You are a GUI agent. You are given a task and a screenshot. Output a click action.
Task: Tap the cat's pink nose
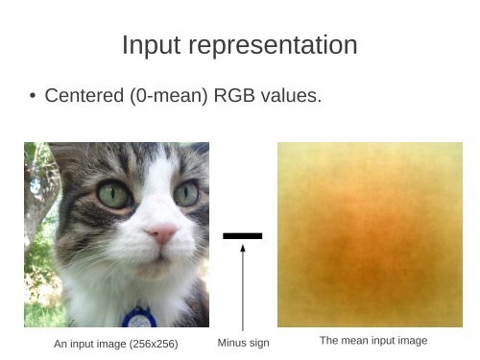tap(160, 233)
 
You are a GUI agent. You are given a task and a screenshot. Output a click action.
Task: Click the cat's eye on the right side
tap(187, 193)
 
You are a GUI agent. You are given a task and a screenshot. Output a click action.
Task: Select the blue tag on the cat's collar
tap(136, 318)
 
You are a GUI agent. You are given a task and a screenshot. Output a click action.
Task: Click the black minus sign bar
tap(242, 235)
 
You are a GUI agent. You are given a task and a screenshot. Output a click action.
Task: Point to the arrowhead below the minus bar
tap(243, 250)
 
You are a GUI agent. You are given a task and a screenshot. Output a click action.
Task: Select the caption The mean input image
tap(372, 341)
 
